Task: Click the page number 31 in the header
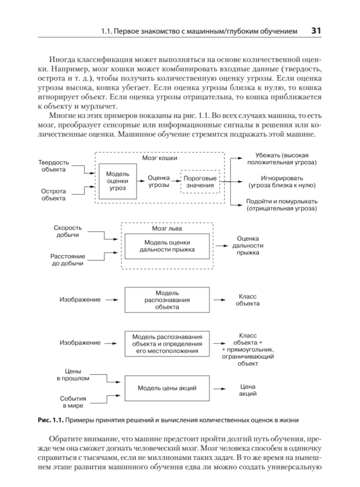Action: (316, 31)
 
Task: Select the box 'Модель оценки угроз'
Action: (117, 181)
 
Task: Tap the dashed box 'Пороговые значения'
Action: (200, 182)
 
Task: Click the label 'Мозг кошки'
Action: (159, 158)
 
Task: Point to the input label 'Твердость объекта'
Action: (53, 166)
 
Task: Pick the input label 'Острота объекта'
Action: (53, 195)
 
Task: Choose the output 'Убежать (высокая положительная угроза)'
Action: (282, 159)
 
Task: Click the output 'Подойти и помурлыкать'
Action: (282, 205)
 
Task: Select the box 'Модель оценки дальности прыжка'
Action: (167, 246)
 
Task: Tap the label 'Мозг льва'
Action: (167, 228)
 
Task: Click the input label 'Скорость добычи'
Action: (68, 231)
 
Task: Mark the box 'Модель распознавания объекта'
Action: (167, 300)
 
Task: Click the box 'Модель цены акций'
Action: (167, 388)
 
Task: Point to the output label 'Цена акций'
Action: (248, 390)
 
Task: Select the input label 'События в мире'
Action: (73, 402)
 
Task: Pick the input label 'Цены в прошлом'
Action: (73, 375)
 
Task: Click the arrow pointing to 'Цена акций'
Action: (220, 389)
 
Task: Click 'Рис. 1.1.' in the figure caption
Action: (51, 420)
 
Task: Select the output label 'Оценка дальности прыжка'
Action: (248, 246)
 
